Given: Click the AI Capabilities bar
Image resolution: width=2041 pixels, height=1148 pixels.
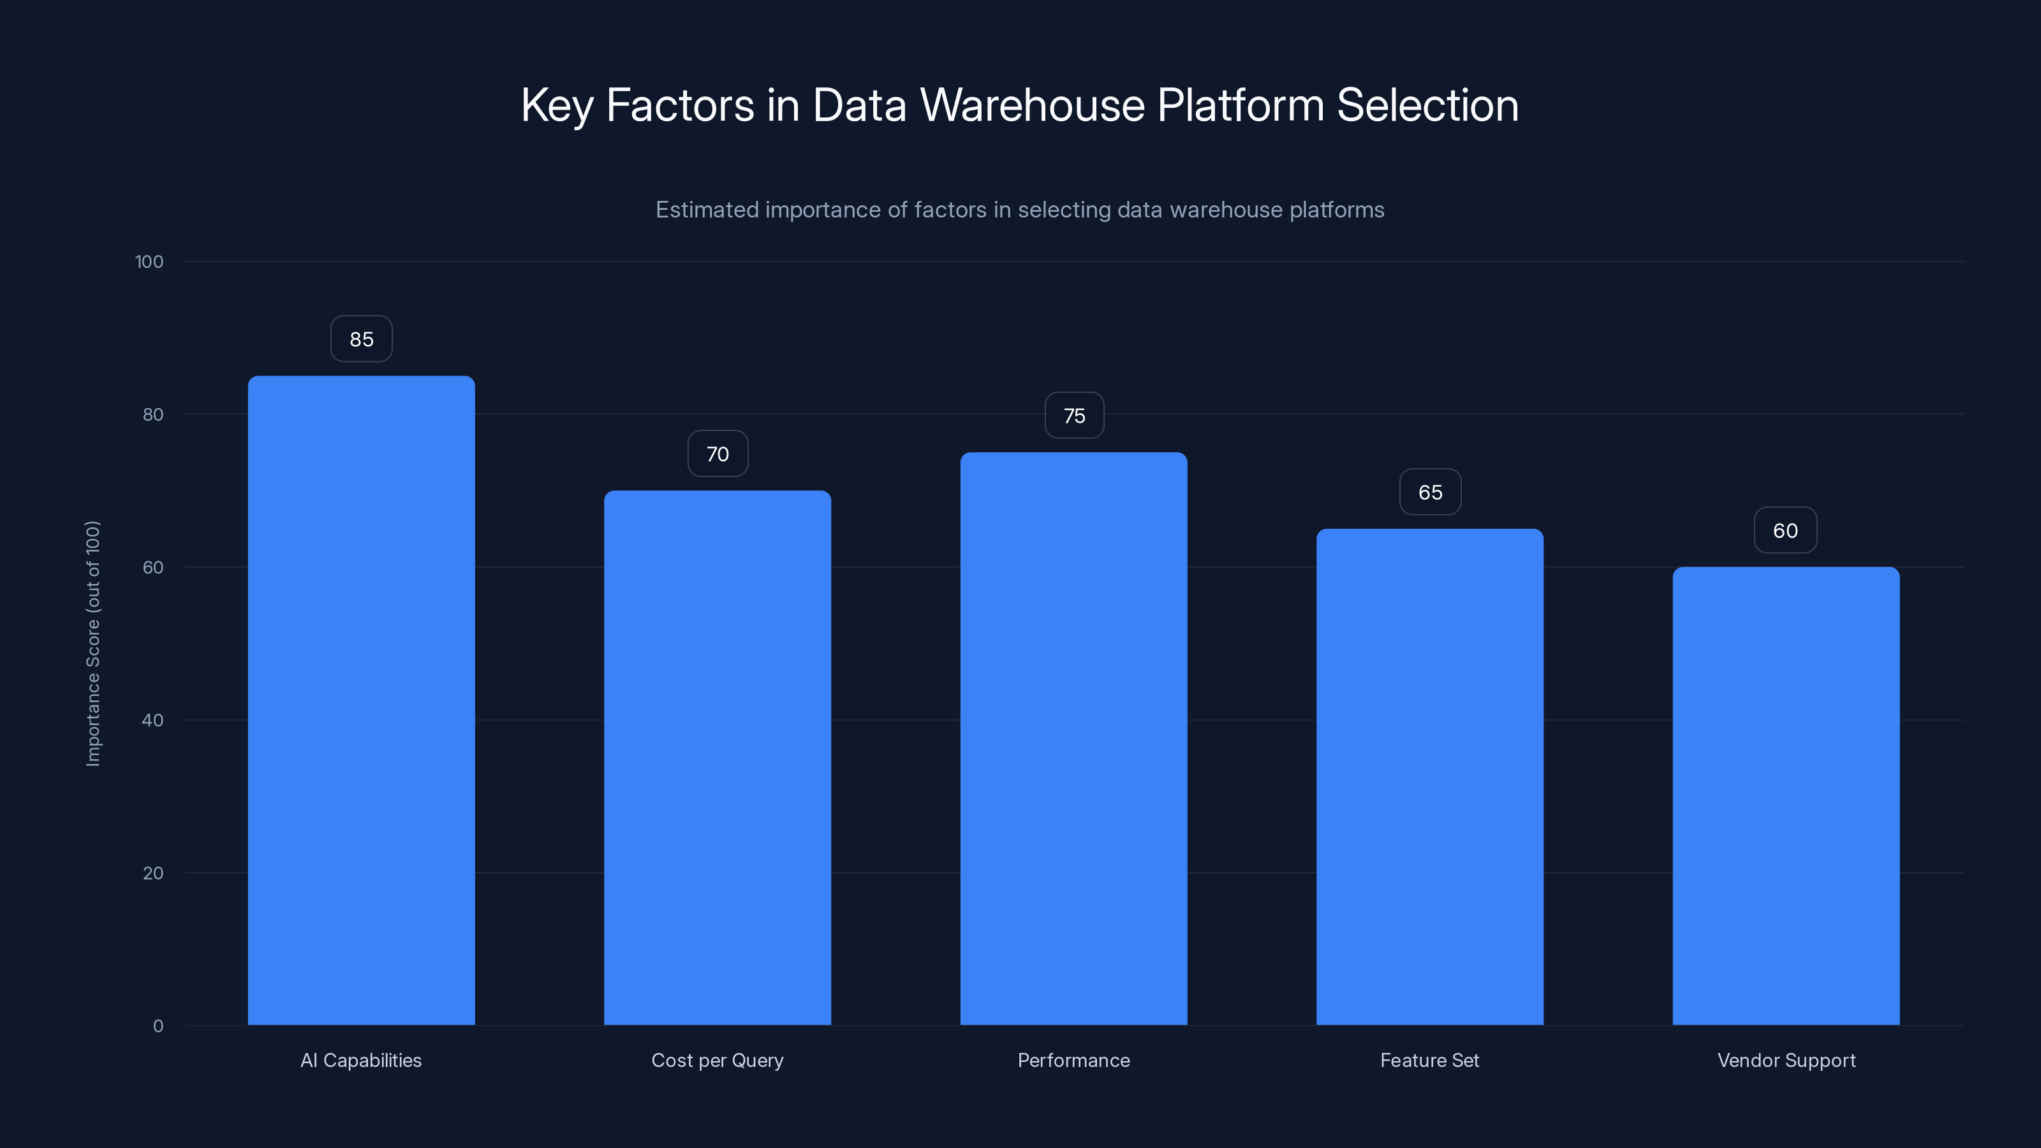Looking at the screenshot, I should (361, 700).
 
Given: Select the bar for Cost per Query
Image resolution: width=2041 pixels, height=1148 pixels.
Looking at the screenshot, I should (717, 758).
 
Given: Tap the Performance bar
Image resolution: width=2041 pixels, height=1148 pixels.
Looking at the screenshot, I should (1073, 739).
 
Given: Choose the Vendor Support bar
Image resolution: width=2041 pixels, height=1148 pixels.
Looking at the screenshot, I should (1786, 795).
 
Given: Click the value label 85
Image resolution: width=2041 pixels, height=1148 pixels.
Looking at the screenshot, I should (361, 339).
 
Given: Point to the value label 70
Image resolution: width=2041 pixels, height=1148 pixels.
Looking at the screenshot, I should (717, 454).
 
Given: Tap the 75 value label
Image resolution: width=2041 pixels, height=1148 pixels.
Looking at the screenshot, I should (1073, 416).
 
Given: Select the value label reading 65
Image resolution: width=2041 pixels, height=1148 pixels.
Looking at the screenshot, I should (1429, 492).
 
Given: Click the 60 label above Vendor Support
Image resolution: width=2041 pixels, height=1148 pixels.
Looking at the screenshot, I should (1785, 530).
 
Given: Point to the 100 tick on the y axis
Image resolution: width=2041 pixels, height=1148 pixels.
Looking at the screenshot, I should (149, 261).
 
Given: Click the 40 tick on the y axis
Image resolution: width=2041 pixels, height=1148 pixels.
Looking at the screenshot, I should (152, 720).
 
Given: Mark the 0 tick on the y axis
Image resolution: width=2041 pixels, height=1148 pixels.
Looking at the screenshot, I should (158, 1026).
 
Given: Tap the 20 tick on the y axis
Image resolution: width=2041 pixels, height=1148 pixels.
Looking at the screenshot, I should (152, 873).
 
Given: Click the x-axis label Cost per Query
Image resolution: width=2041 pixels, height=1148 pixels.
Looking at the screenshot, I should (717, 1060).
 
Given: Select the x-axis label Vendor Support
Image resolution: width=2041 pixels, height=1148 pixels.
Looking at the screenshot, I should (1786, 1060).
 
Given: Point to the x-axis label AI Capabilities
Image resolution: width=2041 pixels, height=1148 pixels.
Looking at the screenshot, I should (361, 1060).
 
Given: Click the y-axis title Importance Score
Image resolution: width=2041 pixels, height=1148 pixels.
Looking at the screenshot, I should (92, 644).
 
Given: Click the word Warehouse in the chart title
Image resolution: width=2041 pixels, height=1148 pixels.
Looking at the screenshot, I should (1031, 105).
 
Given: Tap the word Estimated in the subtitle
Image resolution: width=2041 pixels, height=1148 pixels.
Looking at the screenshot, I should (707, 210).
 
